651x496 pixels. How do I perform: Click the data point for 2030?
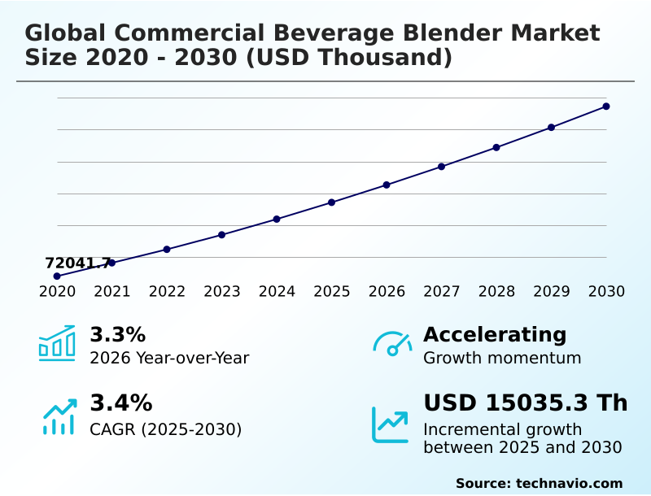tap(606, 107)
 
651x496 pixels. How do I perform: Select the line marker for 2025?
tap(331, 202)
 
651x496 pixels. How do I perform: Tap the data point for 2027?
tap(441, 167)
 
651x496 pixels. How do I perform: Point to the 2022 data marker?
tap(167, 250)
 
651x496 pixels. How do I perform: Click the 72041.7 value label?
tap(78, 263)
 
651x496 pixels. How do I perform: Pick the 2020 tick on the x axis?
tap(57, 291)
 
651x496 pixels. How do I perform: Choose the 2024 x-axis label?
tap(277, 291)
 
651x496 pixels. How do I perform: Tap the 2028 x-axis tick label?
tap(496, 291)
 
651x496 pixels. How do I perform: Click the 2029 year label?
tap(551, 291)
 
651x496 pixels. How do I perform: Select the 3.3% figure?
tap(117, 334)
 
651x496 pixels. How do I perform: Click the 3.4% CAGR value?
tap(120, 402)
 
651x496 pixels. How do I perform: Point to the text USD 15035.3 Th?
tap(525, 402)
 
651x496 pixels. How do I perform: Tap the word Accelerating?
tap(495, 334)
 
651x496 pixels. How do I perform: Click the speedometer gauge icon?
tap(392, 344)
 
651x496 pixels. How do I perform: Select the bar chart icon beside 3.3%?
tap(57, 343)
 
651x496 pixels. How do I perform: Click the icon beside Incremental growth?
tap(391, 424)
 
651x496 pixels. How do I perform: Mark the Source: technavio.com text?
tap(539, 483)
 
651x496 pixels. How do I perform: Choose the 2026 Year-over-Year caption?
tap(169, 358)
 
